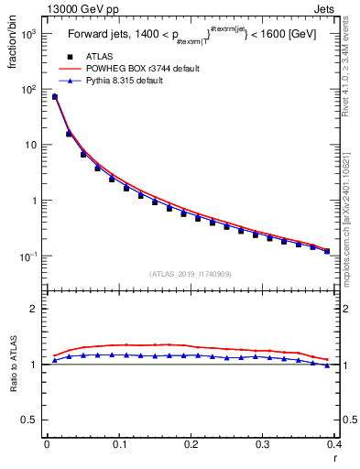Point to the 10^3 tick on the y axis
[28, 34]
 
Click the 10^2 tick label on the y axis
[28, 90]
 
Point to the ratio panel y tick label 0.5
[29, 420]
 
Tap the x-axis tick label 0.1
[118, 445]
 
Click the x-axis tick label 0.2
[191, 445]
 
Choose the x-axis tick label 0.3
[262, 445]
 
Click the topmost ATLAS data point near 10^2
[54, 97]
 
